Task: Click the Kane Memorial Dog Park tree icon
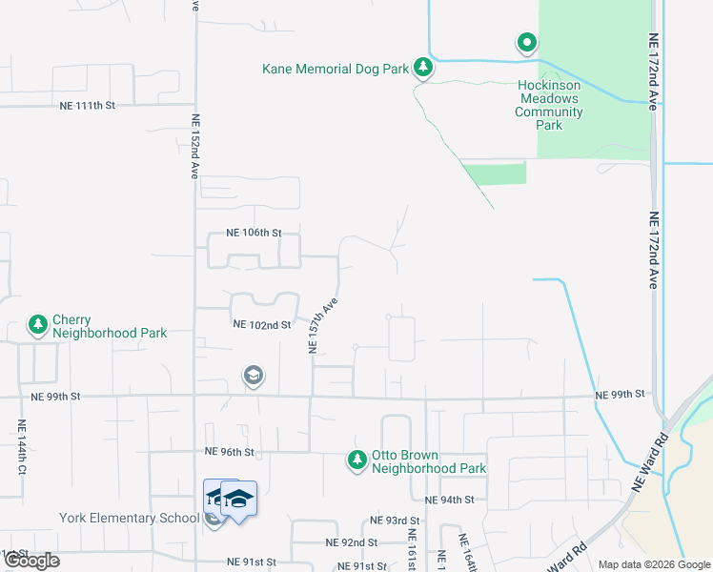(x=423, y=68)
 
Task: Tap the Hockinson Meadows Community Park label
(x=548, y=99)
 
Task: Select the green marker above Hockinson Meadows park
(x=526, y=42)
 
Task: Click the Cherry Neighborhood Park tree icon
(x=38, y=325)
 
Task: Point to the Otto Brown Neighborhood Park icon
(x=357, y=460)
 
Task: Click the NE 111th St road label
(x=87, y=106)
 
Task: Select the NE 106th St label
(x=254, y=233)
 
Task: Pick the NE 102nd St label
(x=261, y=324)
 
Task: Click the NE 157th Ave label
(x=324, y=325)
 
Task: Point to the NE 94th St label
(x=449, y=500)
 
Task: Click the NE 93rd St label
(x=396, y=521)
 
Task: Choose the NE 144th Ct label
(x=21, y=447)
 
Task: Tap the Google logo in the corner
(x=31, y=561)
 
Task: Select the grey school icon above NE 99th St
(x=253, y=376)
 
